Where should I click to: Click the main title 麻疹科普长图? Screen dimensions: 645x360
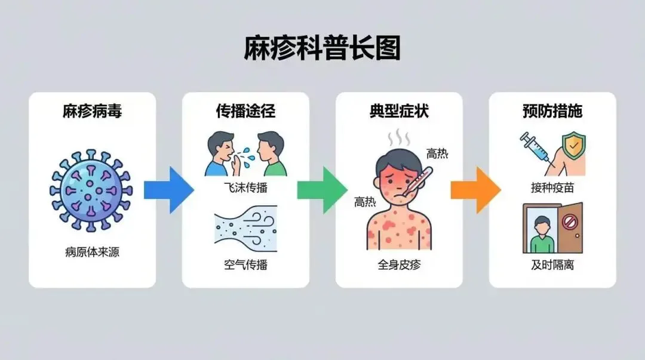click(322, 48)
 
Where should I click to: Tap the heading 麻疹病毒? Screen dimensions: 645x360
click(92, 111)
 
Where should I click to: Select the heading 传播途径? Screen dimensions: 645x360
click(245, 111)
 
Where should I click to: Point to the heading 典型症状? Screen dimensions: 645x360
click(399, 111)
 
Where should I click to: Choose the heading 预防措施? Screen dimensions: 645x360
click(552, 111)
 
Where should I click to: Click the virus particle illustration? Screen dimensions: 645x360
click(91, 190)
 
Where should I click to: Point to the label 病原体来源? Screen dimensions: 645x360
click(92, 252)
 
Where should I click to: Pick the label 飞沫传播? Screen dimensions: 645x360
click(245, 187)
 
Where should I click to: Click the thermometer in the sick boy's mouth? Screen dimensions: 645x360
click(415, 179)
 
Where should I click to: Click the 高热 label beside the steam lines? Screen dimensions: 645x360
click(437, 154)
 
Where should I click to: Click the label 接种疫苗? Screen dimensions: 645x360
click(552, 187)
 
